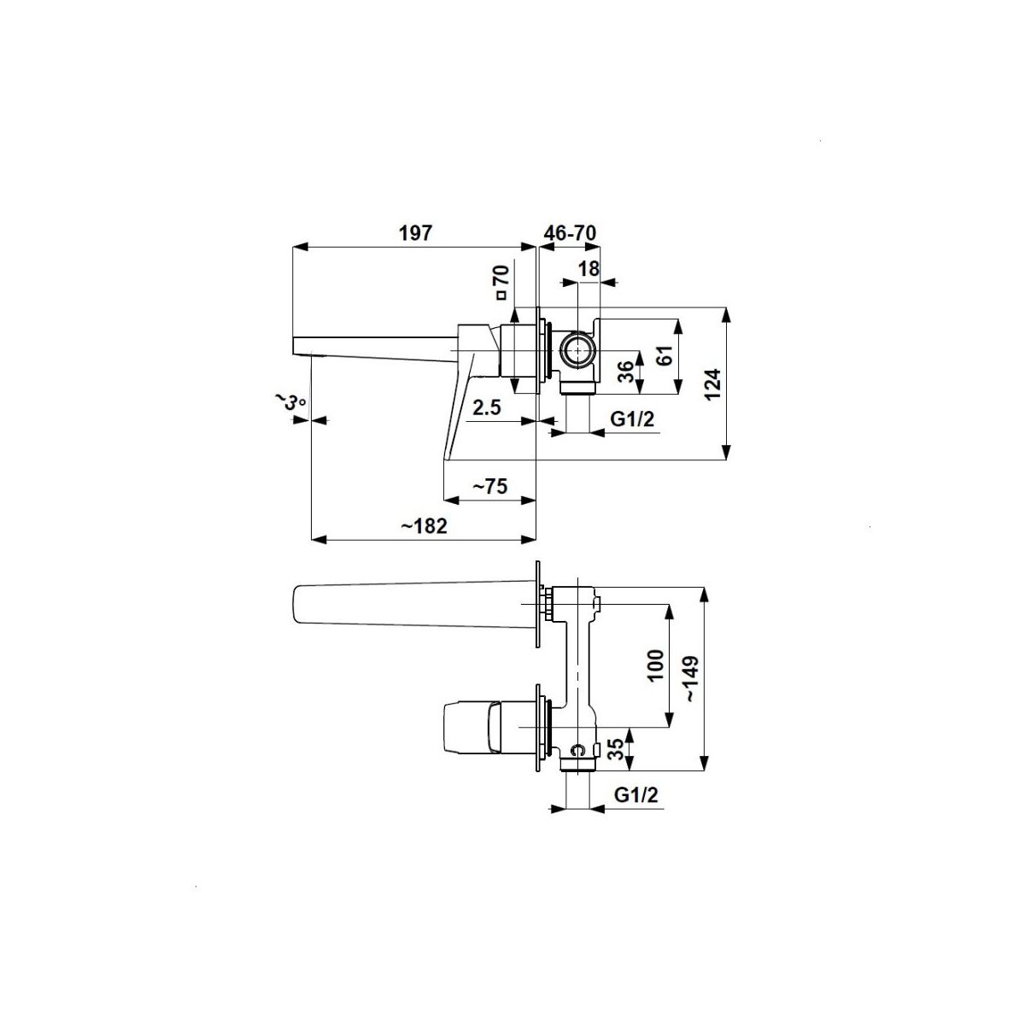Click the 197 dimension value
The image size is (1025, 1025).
(415, 233)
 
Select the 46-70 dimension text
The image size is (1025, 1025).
(570, 233)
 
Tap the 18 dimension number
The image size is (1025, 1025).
(589, 268)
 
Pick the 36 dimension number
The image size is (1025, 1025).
(627, 372)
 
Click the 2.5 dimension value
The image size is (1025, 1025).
(487, 408)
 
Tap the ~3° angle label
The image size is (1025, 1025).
(290, 401)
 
